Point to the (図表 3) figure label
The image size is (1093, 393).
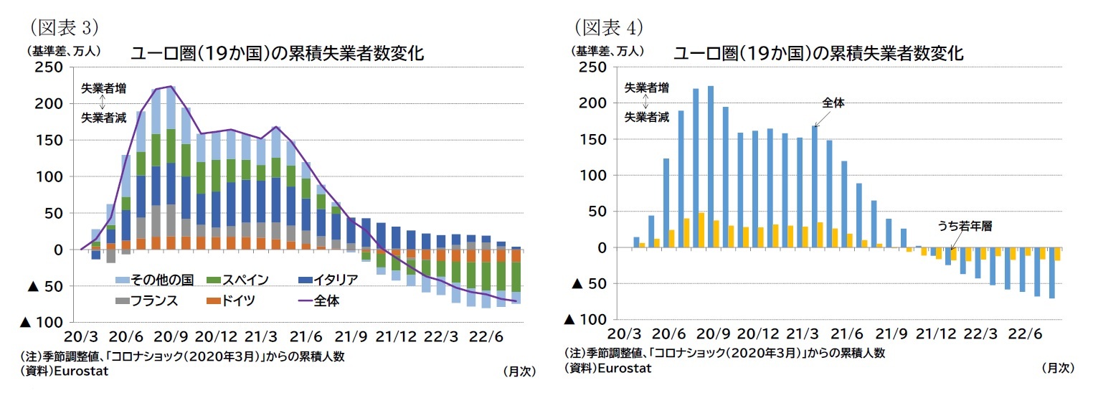click(62, 27)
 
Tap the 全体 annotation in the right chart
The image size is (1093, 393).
click(833, 103)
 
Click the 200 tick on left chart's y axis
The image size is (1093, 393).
click(52, 104)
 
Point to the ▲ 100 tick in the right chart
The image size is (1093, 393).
click(589, 320)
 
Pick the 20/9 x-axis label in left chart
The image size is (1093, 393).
click(171, 337)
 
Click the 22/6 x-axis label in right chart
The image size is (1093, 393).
click(1025, 335)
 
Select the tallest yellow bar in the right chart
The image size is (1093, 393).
click(701, 230)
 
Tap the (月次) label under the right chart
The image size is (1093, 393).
click(1057, 367)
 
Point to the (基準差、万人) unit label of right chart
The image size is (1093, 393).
click(607, 51)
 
